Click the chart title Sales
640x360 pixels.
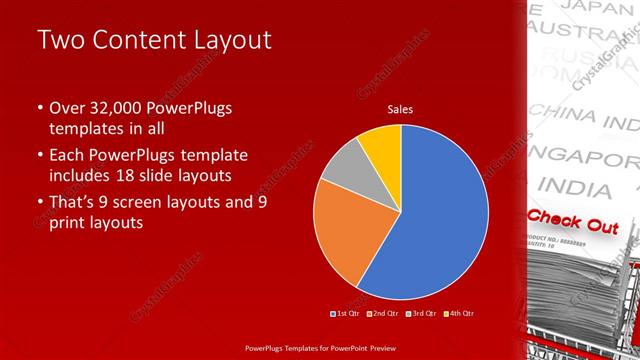tap(400, 109)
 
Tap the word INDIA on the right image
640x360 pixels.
tap(580, 187)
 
